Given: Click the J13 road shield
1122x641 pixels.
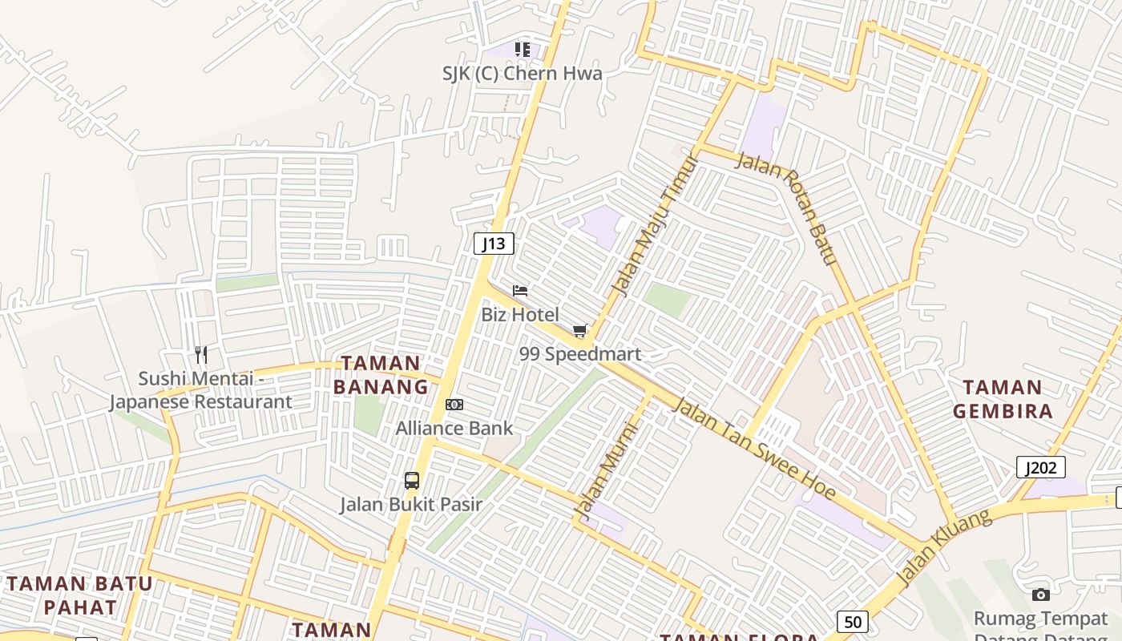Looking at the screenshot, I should click(x=494, y=244).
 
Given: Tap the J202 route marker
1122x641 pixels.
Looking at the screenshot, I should click(x=1040, y=467).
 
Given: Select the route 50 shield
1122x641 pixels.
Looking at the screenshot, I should click(x=853, y=621).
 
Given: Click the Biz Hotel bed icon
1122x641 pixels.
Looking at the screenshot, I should click(x=520, y=291).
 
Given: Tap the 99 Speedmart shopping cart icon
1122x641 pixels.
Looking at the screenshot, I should click(x=580, y=330).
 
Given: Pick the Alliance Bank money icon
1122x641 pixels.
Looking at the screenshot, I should click(x=454, y=405).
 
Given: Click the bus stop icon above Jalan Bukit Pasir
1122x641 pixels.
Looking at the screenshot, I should click(x=412, y=481).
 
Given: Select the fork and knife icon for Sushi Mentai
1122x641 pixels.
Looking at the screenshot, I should click(x=201, y=354).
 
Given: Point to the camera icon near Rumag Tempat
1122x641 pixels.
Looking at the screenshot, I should click(x=1041, y=595).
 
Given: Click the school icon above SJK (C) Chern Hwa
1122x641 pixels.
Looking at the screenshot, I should click(x=523, y=50).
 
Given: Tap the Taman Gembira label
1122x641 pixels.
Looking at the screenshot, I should click(x=1002, y=399).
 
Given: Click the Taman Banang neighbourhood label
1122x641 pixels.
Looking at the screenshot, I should click(x=381, y=375).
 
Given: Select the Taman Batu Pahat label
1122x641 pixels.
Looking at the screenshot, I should click(x=79, y=595).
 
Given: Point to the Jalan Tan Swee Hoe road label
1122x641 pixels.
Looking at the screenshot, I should click(x=754, y=448).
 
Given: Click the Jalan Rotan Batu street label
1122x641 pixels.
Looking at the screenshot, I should click(x=787, y=208).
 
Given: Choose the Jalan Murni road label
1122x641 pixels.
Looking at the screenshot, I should click(x=607, y=471).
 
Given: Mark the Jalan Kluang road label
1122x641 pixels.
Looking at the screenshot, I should click(x=943, y=546).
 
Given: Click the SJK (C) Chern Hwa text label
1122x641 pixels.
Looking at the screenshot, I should click(x=522, y=74).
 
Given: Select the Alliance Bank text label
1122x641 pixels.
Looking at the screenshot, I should click(x=454, y=428).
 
